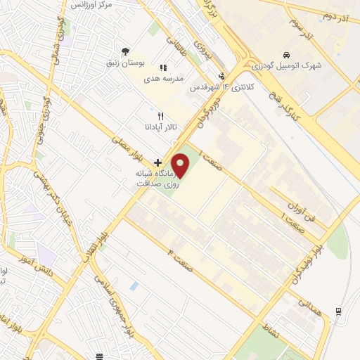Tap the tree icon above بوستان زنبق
[125, 51]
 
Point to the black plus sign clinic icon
[157, 162]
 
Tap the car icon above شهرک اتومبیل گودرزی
[286, 55]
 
